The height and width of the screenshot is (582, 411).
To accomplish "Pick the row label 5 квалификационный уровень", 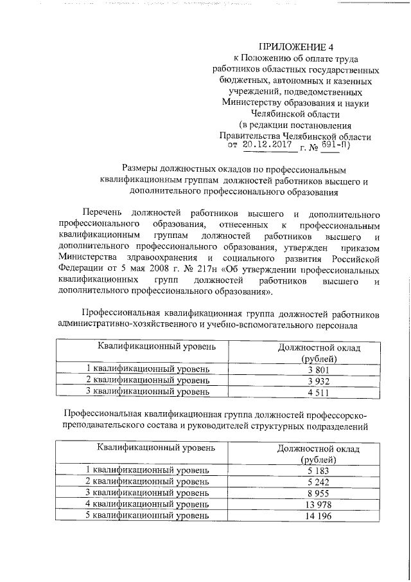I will point(148,516).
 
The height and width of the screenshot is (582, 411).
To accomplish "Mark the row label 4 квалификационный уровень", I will point(148,504).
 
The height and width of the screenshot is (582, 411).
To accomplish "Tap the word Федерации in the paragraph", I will point(80,269).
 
